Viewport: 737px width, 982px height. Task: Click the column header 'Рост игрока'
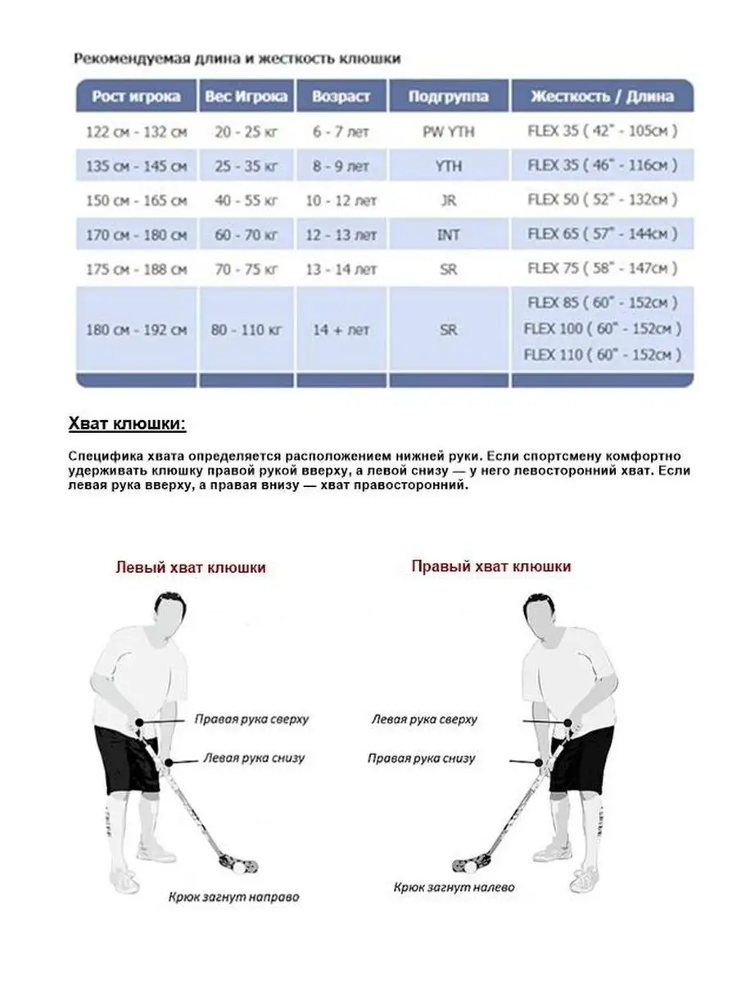click(x=136, y=97)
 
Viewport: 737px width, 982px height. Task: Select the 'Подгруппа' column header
click(x=448, y=97)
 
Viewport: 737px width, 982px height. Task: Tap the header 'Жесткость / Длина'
click(x=602, y=97)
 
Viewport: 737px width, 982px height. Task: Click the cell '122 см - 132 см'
click(x=136, y=131)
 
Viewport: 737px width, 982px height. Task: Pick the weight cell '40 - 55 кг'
click(x=246, y=200)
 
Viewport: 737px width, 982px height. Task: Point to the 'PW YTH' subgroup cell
click(x=448, y=131)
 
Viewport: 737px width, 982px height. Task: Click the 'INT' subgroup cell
click(x=448, y=235)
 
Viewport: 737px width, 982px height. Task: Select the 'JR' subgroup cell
click(x=448, y=200)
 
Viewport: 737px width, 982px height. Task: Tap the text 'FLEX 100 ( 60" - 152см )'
click(x=602, y=329)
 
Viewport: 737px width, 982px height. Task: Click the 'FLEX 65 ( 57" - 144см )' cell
click(x=602, y=235)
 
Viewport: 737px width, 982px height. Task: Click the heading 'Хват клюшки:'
click(x=126, y=425)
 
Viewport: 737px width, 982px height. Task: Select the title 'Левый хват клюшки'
click(x=191, y=567)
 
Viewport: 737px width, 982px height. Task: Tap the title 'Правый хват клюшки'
click(x=491, y=566)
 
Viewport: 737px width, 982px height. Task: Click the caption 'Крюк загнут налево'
click(x=447, y=886)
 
